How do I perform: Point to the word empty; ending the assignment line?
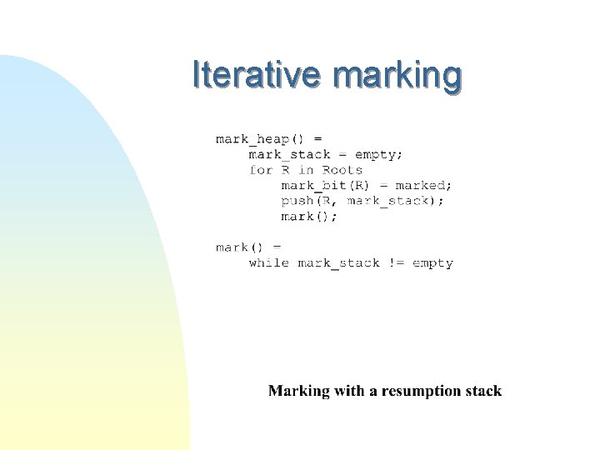379,154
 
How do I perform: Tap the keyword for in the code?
261,170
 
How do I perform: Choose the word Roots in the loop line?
342,170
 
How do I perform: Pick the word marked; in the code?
423,186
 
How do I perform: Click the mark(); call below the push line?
309,217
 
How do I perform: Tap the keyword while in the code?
268,263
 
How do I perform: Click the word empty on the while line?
432,263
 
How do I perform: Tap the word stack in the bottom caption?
484,391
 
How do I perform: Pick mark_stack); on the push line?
395,201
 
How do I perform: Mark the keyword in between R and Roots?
306,170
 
